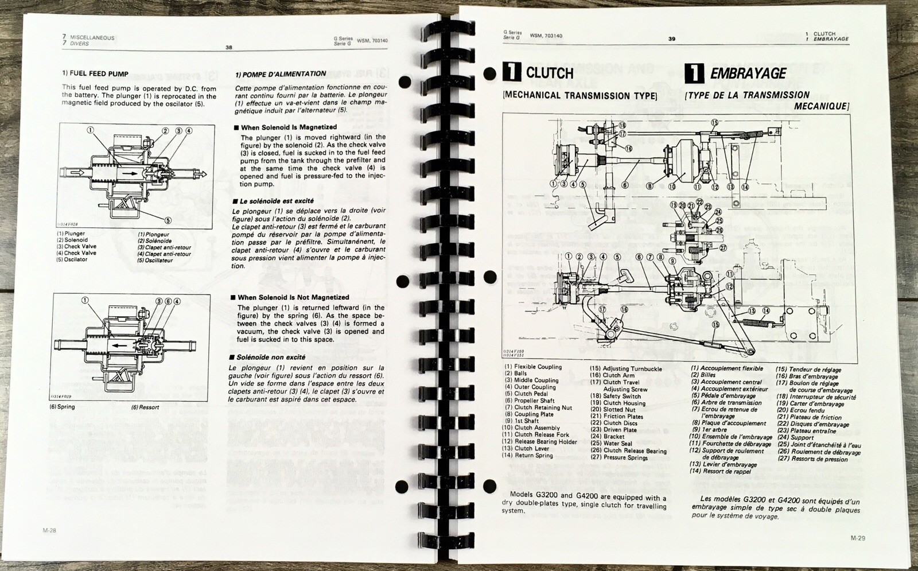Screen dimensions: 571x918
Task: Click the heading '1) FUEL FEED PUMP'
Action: pos(95,74)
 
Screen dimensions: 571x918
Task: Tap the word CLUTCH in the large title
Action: pos(549,73)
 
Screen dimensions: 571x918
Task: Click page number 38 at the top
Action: pos(229,48)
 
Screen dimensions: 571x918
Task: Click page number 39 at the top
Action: pos(671,39)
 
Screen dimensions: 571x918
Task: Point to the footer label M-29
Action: pos(858,538)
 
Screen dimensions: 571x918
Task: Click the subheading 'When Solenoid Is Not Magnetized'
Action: pos(293,297)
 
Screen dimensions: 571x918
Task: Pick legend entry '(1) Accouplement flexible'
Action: pos(726,368)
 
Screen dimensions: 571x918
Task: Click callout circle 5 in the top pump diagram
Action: pos(168,220)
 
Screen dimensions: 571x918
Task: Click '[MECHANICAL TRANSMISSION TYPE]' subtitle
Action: pos(579,96)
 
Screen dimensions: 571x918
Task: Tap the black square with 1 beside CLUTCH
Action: pos(511,72)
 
